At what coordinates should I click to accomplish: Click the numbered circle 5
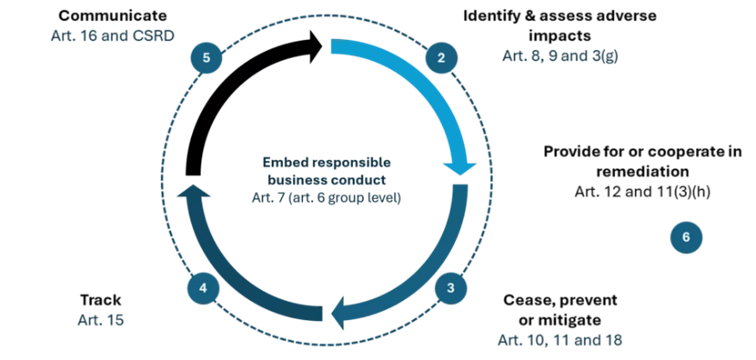pyautogui.click(x=206, y=58)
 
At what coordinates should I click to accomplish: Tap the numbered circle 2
pyautogui.click(x=441, y=58)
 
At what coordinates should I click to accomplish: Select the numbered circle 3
pyautogui.click(x=451, y=288)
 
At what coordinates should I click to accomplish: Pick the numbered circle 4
pyautogui.click(x=203, y=288)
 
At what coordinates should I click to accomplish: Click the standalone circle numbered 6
pyautogui.click(x=686, y=238)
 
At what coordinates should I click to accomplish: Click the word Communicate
pyautogui.click(x=113, y=16)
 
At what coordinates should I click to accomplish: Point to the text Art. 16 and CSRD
pyautogui.click(x=113, y=36)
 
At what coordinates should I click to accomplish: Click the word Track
pyautogui.click(x=100, y=300)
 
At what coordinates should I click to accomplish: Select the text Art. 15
pyautogui.click(x=100, y=320)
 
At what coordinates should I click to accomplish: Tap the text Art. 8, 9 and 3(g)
pyautogui.click(x=560, y=56)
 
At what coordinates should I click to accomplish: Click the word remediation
pyautogui.click(x=643, y=171)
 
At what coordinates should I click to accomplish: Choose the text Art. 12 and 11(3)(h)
pyautogui.click(x=643, y=192)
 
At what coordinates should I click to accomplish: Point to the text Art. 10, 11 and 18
pyautogui.click(x=560, y=340)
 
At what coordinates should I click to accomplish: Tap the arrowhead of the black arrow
pyautogui.click(x=316, y=46)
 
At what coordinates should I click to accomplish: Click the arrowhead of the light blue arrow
pyautogui.click(x=460, y=169)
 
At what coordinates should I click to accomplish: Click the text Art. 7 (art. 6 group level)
pyautogui.click(x=326, y=197)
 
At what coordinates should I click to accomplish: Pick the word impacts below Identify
pyautogui.click(x=560, y=36)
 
